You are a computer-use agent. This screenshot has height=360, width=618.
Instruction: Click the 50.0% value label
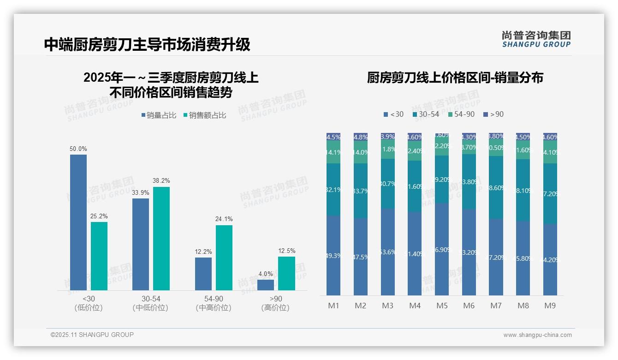point(78,149)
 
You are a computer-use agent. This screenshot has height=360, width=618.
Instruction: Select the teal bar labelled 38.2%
point(161,238)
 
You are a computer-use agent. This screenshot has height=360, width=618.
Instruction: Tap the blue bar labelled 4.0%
point(266,285)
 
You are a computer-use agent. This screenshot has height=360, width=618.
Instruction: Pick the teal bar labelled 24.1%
point(224,258)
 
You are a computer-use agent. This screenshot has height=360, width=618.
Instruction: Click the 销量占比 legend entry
point(159,115)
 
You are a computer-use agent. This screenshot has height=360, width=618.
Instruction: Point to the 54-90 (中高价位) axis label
point(213,303)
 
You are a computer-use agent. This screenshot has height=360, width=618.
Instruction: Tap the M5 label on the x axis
point(442,306)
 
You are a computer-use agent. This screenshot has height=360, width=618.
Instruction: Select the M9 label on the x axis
point(550,306)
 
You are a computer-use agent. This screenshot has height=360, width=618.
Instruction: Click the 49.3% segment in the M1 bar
point(333,255)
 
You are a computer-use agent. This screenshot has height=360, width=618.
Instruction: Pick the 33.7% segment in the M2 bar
point(361,191)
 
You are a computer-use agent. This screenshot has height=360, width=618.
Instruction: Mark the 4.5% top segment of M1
point(333,137)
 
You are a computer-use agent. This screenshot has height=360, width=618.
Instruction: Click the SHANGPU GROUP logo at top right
point(536,39)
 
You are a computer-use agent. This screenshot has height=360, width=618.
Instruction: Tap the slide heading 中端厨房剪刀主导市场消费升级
point(147,44)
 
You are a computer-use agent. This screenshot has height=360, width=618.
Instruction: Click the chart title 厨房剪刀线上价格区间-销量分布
point(455,78)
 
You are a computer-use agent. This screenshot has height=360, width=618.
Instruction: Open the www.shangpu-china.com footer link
point(537,335)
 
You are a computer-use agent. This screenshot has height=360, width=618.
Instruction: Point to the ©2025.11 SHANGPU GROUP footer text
point(92,335)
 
